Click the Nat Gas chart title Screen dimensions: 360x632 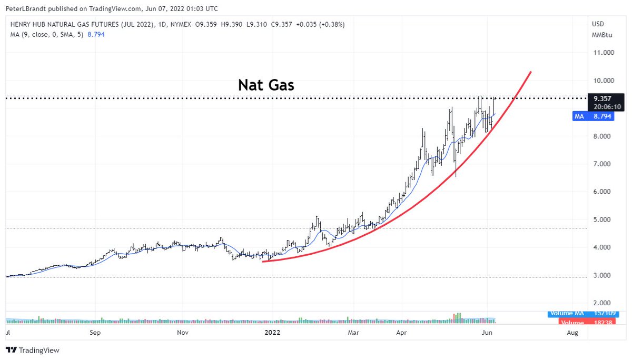click(266, 84)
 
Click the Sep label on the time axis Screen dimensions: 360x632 click(95, 333)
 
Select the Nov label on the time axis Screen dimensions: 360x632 click(182, 333)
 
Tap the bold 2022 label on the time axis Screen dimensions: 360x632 click(272, 333)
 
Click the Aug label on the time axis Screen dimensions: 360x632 click(572, 333)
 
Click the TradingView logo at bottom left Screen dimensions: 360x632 click(33, 350)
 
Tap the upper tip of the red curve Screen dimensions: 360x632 click(530, 72)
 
